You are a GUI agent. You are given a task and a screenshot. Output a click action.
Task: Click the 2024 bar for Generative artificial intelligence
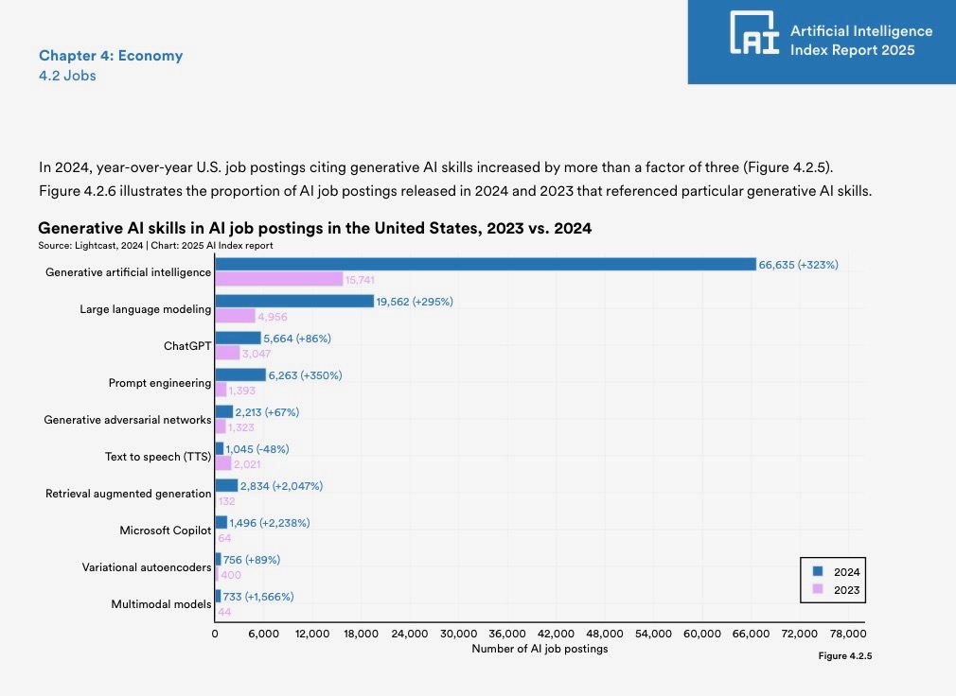[485, 265]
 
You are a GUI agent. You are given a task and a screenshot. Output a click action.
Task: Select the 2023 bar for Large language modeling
[235, 316]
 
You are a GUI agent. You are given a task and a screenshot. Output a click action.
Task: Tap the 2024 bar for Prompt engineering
[240, 375]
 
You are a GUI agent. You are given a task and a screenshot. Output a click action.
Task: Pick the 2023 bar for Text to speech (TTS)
[223, 463]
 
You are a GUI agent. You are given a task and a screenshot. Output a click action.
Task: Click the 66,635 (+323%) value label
[798, 265]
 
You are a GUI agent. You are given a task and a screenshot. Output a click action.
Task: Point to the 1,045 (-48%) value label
[257, 449]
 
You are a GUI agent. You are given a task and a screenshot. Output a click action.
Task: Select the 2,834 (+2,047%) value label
[281, 486]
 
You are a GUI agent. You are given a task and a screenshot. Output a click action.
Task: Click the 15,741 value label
[361, 280]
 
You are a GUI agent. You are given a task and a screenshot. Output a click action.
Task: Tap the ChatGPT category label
[187, 346]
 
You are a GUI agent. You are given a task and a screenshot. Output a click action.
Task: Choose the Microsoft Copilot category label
[166, 531]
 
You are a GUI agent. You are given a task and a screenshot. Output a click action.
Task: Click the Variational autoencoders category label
[147, 567]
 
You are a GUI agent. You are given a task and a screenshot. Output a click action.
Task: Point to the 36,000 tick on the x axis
[507, 633]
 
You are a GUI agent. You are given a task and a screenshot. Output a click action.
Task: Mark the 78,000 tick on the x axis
[847, 633]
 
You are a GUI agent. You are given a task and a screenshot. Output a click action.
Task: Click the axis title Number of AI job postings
[540, 649]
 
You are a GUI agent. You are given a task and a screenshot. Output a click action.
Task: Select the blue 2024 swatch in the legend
[817, 571]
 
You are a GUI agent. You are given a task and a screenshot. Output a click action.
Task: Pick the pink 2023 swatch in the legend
[817, 589]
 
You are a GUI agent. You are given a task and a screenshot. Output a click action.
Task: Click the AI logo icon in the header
[754, 33]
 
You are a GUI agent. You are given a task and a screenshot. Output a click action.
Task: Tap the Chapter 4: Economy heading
[111, 56]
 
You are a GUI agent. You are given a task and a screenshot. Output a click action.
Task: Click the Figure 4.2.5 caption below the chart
[844, 655]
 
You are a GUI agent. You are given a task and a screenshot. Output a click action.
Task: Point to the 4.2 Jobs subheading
[67, 76]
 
